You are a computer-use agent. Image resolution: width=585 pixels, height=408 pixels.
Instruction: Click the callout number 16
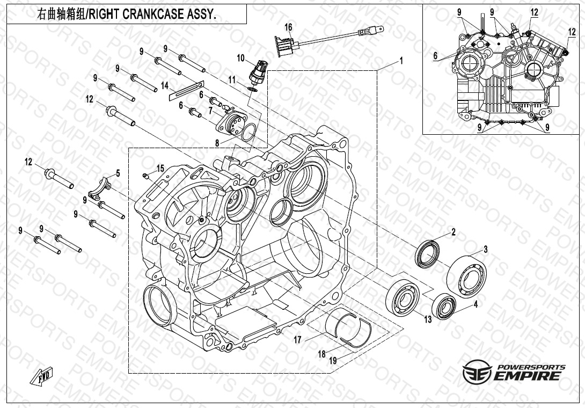click(x=288, y=27)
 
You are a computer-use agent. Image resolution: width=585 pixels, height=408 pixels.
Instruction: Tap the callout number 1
click(x=401, y=61)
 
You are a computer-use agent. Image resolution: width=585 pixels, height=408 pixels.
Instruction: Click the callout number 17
click(x=297, y=340)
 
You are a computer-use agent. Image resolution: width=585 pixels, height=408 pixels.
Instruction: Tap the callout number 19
click(x=333, y=361)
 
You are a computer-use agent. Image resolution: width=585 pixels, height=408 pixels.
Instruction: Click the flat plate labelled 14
click(x=187, y=90)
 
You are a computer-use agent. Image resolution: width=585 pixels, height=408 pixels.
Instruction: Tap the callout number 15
click(x=160, y=169)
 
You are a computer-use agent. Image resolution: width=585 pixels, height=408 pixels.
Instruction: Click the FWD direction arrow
click(x=41, y=376)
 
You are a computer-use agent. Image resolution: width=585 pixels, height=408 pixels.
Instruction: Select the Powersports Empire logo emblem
click(x=477, y=372)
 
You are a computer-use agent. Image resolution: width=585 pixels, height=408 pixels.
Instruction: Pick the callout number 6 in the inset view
click(x=435, y=56)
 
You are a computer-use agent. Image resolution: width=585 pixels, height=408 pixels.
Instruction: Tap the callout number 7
click(x=211, y=111)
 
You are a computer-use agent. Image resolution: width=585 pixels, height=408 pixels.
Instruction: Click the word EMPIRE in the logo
click(x=527, y=375)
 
